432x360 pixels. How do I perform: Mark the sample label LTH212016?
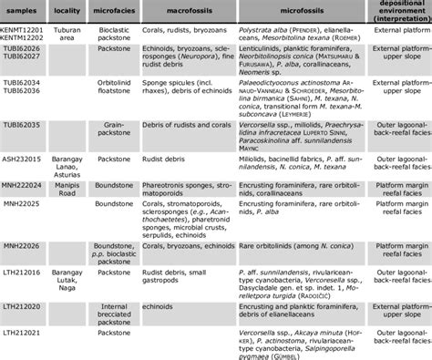click(25, 272)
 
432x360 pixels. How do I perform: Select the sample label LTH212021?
click(25, 335)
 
